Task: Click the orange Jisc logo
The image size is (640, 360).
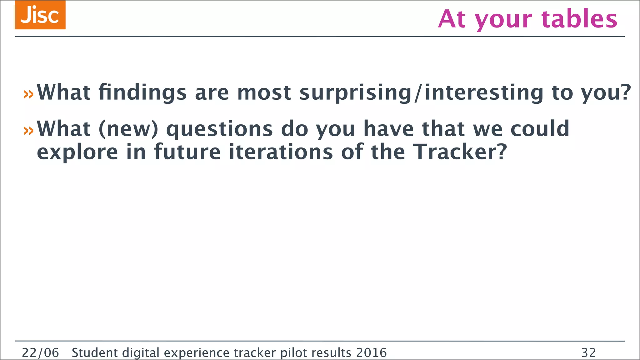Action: [x=40, y=15]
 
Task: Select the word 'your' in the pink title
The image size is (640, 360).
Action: [x=503, y=19]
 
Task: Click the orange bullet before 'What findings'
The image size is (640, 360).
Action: [x=28, y=94]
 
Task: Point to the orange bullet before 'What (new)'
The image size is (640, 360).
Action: [x=28, y=130]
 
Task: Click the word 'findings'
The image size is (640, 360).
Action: [x=142, y=93]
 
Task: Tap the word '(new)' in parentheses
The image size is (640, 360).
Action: [x=128, y=129]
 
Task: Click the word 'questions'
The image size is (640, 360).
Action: [x=219, y=129]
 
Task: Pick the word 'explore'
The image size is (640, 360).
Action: [x=77, y=152]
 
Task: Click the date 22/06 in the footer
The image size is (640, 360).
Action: [x=40, y=353]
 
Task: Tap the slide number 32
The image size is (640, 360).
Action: [x=588, y=353]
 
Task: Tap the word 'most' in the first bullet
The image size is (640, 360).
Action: [x=264, y=93]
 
